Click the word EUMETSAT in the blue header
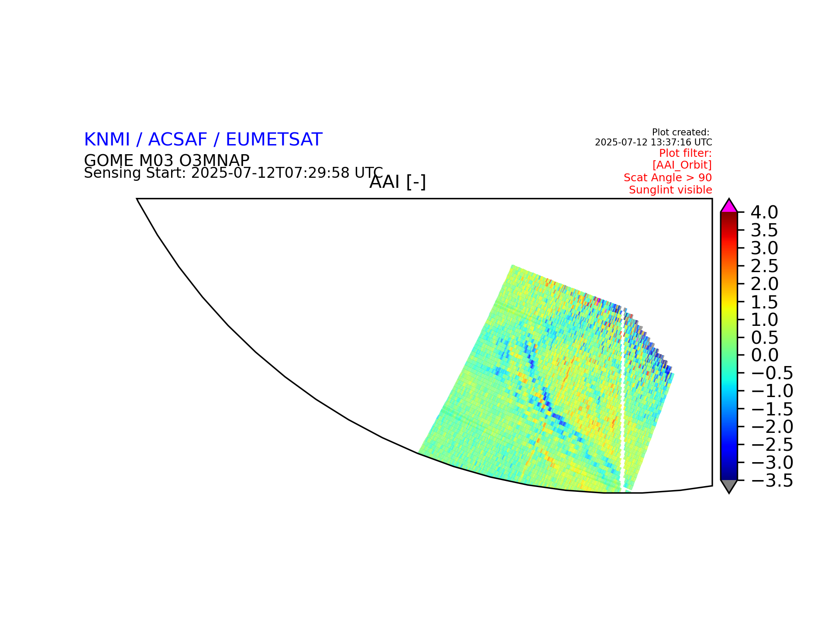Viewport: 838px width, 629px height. coord(274,140)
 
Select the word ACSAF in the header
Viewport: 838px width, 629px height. coord(178,140)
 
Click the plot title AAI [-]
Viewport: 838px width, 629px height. coord(398,182)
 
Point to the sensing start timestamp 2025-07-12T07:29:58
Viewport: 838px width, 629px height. coord(271,173)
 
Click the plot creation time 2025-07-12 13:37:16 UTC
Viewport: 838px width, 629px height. coord(653,142)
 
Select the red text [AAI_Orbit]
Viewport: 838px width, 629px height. coord(682,165)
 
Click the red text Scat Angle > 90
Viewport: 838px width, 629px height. coord(668,178)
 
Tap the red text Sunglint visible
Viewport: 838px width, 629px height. coord(670,190)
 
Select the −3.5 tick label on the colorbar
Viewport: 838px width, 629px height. coord(772,480)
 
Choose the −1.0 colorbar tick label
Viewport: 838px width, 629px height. coord(772,391)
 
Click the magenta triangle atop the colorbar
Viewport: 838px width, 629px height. coord(729,206)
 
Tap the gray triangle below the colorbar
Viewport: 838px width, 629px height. coord(729,486)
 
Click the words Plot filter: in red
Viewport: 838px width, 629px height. coord(685,153)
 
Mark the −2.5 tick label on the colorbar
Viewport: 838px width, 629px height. coord(772,445)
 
